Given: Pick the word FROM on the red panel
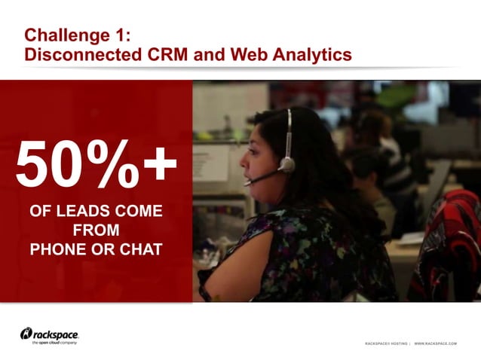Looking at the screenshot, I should click(x=96, y=230).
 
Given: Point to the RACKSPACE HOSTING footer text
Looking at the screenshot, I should click(x=386, y=343).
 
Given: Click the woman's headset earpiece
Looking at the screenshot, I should click(x=286, y=163).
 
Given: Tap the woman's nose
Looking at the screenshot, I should click(x=243, y=160).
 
